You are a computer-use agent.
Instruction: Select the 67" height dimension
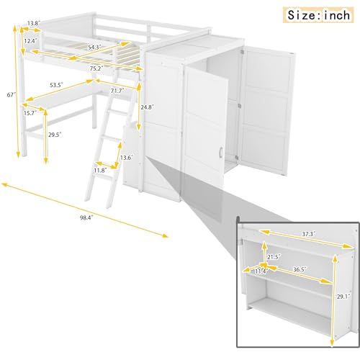(x=8, y=95)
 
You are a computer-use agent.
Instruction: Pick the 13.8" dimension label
(x=34, y=24)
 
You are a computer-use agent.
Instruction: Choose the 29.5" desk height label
(x=55, y=135)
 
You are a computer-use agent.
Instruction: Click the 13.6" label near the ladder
(x=127, y=157)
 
